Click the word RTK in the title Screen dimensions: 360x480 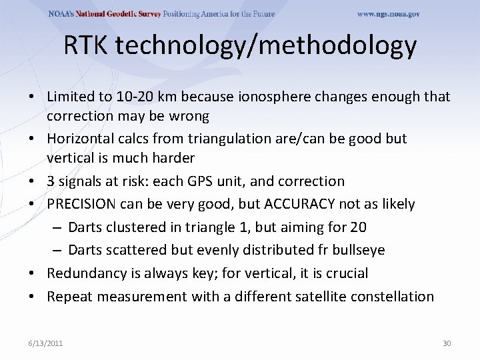[x=89, y=45]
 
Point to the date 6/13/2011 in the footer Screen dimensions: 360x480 [x=46, y=343]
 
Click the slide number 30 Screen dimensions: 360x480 [x=447, y=343]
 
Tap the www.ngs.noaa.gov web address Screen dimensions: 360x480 [x=389, y=14]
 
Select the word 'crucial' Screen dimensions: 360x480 [x=347, y=273]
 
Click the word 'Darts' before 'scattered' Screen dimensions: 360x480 [x=85, y=250]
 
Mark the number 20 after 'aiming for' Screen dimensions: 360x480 [x=358, y=227]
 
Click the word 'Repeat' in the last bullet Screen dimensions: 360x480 [x=69, y=297]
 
